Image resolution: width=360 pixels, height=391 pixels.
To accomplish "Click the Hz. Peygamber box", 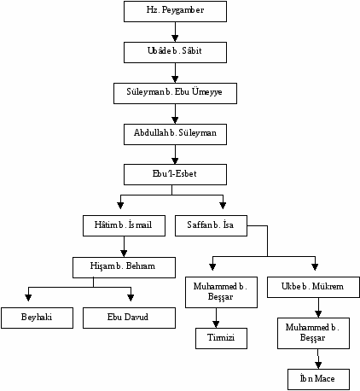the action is coord(175,11).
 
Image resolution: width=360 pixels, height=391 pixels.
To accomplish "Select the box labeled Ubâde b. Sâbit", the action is coord(175,52).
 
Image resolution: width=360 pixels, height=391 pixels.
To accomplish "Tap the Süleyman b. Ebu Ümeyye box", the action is coord(175,93).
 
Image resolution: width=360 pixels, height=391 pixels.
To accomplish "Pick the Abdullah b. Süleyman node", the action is coord(175,134).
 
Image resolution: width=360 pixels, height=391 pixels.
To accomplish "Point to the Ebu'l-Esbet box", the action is coord(175,174).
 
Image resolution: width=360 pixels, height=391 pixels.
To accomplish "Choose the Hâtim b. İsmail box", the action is coord(124,225).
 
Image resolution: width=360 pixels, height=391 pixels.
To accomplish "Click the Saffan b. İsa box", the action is coord(211,225).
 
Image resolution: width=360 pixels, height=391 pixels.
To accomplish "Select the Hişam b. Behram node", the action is coord(124,267).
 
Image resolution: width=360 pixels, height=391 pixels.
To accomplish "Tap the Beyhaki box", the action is coord(37,318).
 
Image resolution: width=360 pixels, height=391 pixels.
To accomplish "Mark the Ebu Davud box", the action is coord(129,318).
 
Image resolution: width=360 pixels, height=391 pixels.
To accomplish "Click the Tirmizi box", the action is coord(221,338).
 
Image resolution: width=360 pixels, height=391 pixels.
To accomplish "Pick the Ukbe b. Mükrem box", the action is coord(313,288).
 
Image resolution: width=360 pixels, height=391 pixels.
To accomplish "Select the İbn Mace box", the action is coord(318,379).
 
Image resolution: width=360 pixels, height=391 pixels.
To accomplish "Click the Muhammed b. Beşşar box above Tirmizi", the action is coord(221,292).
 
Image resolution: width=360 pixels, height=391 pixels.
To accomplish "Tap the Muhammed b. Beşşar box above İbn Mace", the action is coord(313,333).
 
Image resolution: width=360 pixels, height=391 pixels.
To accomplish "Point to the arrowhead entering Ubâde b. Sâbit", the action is coord(175,38).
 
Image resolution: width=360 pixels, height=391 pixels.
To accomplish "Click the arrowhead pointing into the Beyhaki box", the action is coord(28,297).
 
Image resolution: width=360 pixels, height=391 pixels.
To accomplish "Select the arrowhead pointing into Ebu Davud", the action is coord(131,297).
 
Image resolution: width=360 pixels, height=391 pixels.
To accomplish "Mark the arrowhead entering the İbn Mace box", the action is coord(318,365).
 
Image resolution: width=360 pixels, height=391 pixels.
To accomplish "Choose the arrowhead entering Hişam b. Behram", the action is coord(124,254).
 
